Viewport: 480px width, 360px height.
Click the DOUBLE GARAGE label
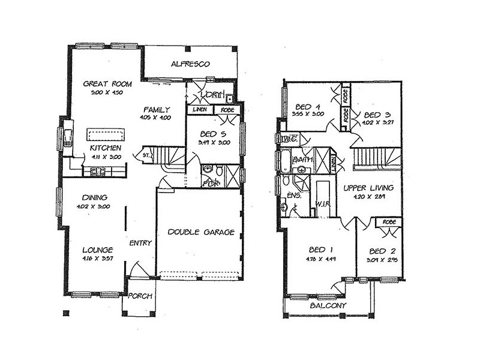201,232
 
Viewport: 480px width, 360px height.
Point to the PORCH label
140,296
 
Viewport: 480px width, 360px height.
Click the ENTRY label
140,243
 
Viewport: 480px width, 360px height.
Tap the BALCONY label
328,305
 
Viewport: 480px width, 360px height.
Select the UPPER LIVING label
368,188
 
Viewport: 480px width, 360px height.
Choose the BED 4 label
308,104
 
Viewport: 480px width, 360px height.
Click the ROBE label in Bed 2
388,223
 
